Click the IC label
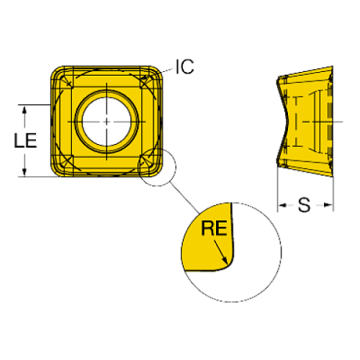click(185, 67)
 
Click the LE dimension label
click(26, 140)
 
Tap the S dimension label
click(304, 205)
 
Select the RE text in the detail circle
click(214, 228)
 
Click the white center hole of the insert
click(107, 122)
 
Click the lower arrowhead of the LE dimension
click(24, 172)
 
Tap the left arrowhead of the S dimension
click(283, 205)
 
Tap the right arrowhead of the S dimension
click(328, 205)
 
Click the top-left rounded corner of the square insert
click(56, 71)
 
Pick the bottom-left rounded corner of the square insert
click(56, 171)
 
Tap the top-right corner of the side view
click(332, 66)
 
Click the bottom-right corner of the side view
click(333, 176)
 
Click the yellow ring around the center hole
click(107, 94)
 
